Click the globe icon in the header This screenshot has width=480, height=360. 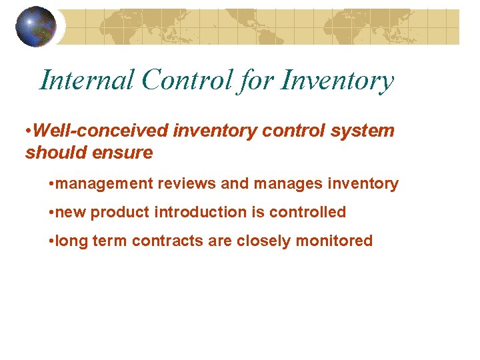[36, 26]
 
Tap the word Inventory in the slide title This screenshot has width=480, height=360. [337, 81]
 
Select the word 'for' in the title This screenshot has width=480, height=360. [256, 81]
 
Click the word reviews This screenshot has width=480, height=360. [179, 183]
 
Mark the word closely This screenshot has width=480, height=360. [258, 241]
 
